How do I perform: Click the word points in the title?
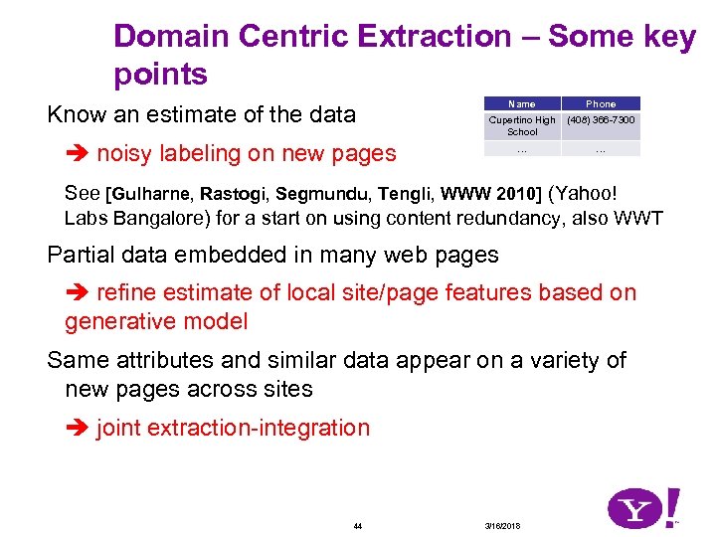pos(160,75)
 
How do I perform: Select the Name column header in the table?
pos(521,103)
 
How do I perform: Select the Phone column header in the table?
pos(601,103)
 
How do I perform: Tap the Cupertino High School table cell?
pos(521,125)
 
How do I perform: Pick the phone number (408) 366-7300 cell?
pos(601,120)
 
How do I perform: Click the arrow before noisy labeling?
pos(78,154)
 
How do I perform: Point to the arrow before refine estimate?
pos(78,293)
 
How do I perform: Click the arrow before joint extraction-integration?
pos(78,429)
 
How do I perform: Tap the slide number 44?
pos(358,525)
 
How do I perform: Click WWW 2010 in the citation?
pos(491,193)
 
